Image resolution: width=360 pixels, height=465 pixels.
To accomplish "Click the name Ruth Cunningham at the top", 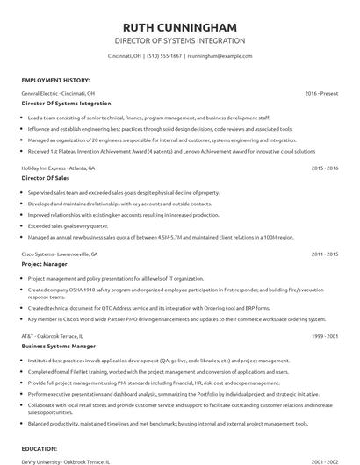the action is coord(179,25).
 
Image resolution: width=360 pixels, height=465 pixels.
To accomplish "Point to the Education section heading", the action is coord(40,449).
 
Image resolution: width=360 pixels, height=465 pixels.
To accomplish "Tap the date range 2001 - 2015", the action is coord(325,254).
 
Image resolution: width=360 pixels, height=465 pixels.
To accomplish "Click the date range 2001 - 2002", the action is coord(325,461).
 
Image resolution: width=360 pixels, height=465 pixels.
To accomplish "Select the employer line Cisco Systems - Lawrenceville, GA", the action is coord(60,254).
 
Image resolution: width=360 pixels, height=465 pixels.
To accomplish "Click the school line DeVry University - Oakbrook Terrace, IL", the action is coord(65,461).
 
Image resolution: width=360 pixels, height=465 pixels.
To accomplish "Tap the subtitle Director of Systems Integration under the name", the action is coord(179,40).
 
